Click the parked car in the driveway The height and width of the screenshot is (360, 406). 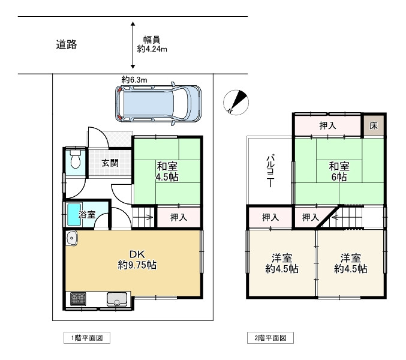(x=159, y=103)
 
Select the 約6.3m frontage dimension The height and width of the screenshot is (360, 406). (x=134, y=79)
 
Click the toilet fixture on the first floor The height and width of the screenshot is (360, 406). (x=75, y=161)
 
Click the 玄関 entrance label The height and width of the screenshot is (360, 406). (x=109, y=163)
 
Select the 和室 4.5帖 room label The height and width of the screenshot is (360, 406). (x=167, y=172)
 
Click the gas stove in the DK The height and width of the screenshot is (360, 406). (x=79, y=299)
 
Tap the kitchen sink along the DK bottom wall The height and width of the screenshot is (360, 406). (x=115, y=298)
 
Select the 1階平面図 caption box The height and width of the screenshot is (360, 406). (x=87, y=338)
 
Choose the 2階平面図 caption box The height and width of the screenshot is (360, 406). (x=270, y=338)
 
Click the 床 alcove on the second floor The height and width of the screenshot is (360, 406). (x=374, y=126)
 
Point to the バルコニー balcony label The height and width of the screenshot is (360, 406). (x=270, y=170)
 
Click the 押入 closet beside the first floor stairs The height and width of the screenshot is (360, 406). (x=178, y=217)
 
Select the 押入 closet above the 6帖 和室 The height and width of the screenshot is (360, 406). (x=327, y=125)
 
